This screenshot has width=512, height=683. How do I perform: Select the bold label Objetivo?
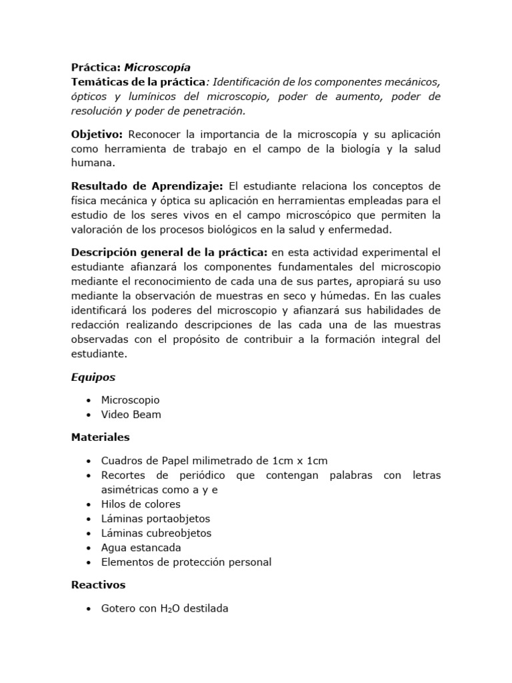(x=97, y=134)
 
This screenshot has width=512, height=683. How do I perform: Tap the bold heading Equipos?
(x=93, y=377)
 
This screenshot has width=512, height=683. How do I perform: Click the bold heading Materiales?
(x=101, y=438)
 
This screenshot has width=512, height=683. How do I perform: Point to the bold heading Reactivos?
(x=98, y=585)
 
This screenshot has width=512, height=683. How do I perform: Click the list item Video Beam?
(x=131, y=414)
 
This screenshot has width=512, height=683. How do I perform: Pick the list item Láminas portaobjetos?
(x=155, y=518)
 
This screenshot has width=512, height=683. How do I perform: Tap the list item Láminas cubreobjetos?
(x=156, y=533)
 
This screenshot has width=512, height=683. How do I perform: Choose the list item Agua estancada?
(x=141, y=548)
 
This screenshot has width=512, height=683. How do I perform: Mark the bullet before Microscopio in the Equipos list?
(x=89, y=400)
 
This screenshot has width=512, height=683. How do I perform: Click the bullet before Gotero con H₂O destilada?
(x=89, y=609)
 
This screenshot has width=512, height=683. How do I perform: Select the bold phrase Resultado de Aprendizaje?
(x=147, y=185)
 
